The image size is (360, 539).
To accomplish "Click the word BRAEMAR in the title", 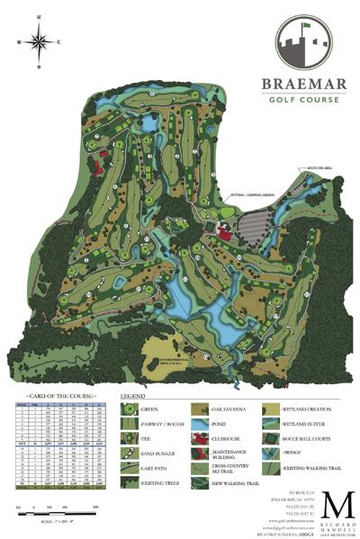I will [303, 85].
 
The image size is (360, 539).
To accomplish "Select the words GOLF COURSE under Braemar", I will [303, 99].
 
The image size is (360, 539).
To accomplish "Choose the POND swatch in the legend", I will [203, 425].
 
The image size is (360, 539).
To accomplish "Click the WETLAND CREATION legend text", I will [308, 409].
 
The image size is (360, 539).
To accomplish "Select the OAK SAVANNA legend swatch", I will [203, 409].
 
